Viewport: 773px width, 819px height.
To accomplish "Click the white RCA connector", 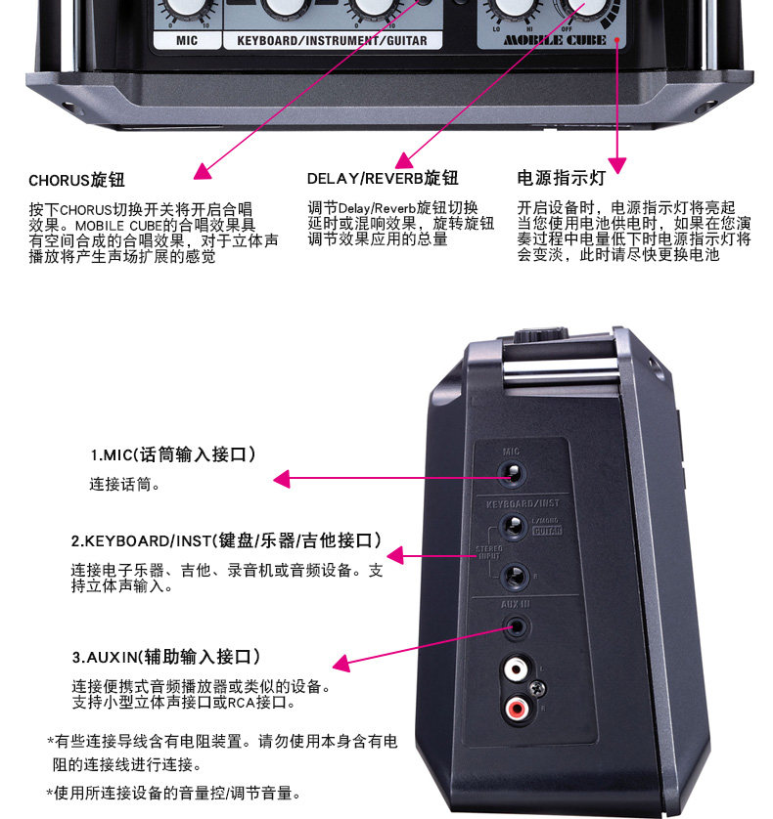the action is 515,671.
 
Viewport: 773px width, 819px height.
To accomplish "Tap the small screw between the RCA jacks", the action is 537,688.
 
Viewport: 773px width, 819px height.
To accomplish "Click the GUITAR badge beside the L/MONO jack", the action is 546,531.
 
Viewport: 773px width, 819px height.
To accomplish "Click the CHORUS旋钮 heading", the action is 76,181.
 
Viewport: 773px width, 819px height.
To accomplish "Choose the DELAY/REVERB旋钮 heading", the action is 383,179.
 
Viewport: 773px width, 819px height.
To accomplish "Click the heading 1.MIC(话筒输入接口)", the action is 173,454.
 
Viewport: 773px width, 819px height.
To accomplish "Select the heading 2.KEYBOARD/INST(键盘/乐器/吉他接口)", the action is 225,540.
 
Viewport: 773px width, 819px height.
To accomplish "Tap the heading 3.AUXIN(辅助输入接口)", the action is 165,656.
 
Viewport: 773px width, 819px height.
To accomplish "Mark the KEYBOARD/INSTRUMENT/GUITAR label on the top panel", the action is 332,41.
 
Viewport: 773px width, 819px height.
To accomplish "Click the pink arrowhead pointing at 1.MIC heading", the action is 282,479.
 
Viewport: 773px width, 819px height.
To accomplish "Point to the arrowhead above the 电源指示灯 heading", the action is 616,163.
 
